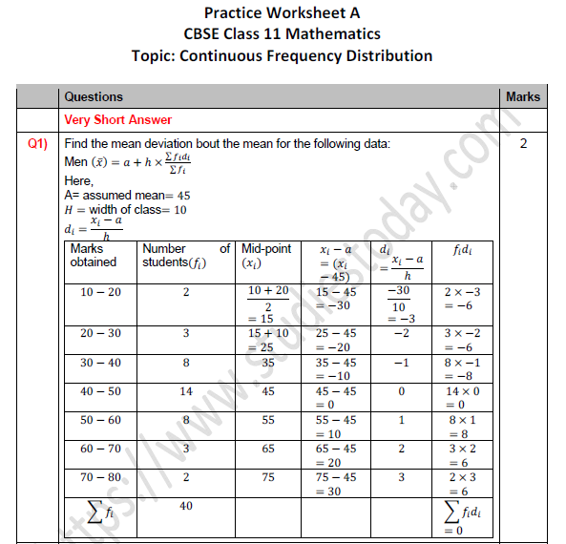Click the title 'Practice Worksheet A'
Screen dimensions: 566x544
(283, 14)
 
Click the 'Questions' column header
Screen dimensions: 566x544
(93, 96)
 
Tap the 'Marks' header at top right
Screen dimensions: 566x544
(523, 96)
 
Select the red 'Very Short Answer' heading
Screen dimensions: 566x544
(118, 120)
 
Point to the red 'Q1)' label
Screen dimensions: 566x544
(38, 144)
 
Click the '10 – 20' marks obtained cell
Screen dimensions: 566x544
(100, 291)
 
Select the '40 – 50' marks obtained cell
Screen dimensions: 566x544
(100, 391)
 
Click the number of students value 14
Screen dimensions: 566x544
(186, 391)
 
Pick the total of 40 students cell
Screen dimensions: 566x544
(186, 506)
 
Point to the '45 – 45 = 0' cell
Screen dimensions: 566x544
(336, 398)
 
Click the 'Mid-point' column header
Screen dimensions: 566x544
(266, 255)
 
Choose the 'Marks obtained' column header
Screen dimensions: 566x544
(94, 255)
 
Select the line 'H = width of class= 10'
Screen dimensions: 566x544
(126, 210)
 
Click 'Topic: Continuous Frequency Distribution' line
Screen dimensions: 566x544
(283, 55)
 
